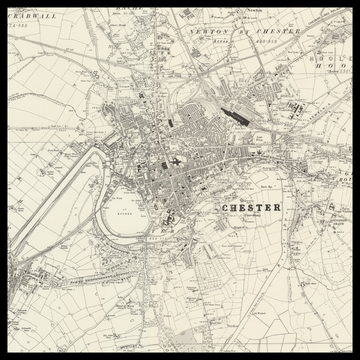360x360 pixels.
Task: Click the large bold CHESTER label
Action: pos(248,207)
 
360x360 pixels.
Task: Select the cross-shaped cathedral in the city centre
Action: pos(176,161)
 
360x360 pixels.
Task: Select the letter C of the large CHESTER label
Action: pos(220,207)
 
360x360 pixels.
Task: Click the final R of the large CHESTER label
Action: pos(277,207)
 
